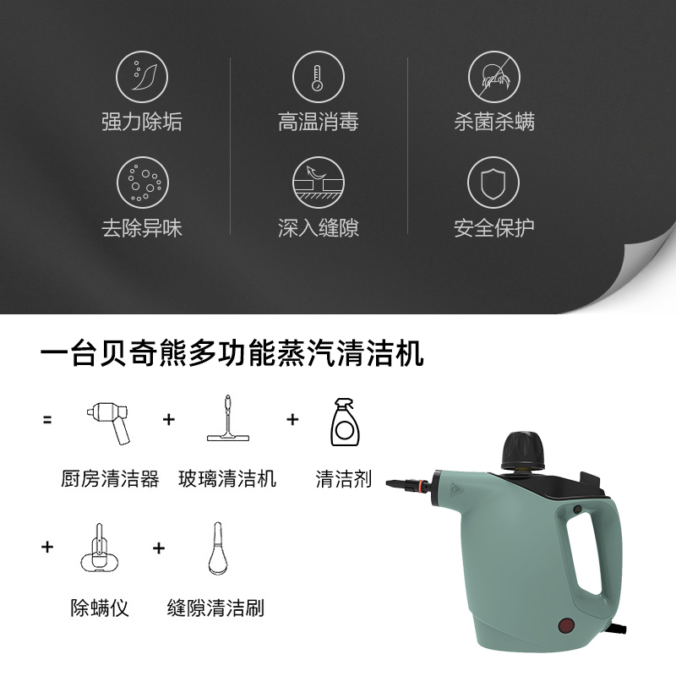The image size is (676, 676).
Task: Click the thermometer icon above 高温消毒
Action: click(318, 74)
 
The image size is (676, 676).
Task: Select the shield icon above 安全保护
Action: click(493, 182)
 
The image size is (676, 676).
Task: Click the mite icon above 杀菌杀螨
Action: click(493, 74)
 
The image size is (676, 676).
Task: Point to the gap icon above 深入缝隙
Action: click(318, 182)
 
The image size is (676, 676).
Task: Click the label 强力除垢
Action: click(142, 122)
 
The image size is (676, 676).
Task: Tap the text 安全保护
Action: click(493, 228)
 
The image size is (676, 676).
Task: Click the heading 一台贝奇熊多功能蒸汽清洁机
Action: click(232, 353)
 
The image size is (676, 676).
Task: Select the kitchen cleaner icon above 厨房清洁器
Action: click(109, 422)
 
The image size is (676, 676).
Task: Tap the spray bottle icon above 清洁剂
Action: click(343, 422)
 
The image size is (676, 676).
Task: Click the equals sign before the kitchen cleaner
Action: click(47, 419)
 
